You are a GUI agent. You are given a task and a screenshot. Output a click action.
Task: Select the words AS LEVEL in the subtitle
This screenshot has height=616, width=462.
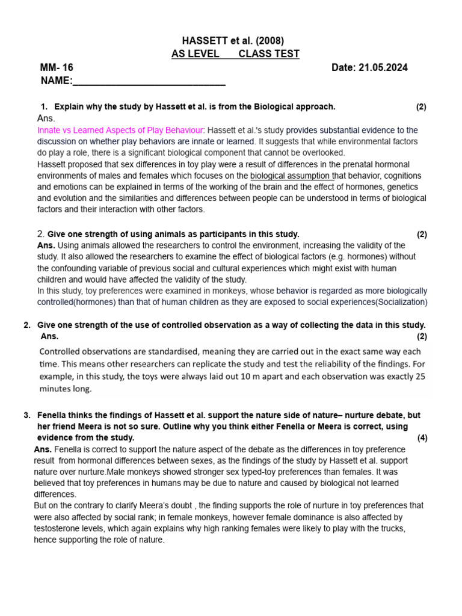(x=193, y=54)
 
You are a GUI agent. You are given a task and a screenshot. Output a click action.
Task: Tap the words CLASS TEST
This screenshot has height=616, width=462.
(x=269, y=54)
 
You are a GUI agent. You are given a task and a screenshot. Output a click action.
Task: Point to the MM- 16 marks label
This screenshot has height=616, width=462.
(x=57, y=67)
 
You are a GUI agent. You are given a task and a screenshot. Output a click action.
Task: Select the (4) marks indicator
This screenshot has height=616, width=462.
(x=422, y=438)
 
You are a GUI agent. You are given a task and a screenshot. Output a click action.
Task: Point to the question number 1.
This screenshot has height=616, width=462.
(x=44, y=107)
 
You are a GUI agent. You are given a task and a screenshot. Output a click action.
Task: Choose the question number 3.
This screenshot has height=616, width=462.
(x=27, y=416)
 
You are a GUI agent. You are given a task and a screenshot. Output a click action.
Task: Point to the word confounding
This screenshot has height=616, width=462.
(x=82, y=268)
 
